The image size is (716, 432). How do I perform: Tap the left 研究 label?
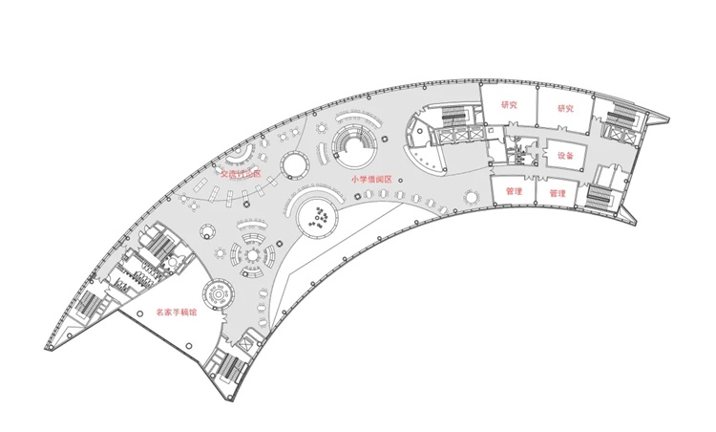[x=508, y=105]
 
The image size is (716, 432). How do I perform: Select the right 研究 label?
[x=565, y=108]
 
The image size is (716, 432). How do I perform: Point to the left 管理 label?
[x=514, y=191]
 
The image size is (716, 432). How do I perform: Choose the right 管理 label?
[x=558, y=194]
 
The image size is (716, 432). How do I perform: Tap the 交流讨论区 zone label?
[x=240, y=175]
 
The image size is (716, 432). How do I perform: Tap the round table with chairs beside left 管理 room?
[x=469, y=195]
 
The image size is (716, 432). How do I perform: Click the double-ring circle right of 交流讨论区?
[x=294, y=164]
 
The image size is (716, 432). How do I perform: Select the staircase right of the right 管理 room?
[x=600, y=198]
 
